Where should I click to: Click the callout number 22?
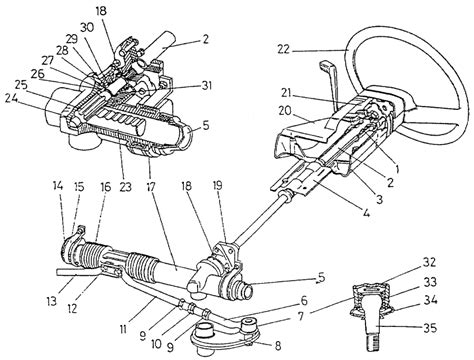(284, 50)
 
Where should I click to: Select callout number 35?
(430, 329)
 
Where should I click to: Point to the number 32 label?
(429, 262)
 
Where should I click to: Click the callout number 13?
(52, 302)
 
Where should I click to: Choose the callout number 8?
(278, 345)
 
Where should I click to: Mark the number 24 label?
(11, 99)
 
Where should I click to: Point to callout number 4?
(366, 213)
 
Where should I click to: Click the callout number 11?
(122, 330)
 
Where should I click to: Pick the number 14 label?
(58, 186)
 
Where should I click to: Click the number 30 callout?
(87, 28)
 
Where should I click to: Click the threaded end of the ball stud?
(375, 342)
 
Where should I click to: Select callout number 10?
(156, 344)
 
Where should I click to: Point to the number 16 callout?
(105, 187)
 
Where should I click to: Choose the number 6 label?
(303, 301)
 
